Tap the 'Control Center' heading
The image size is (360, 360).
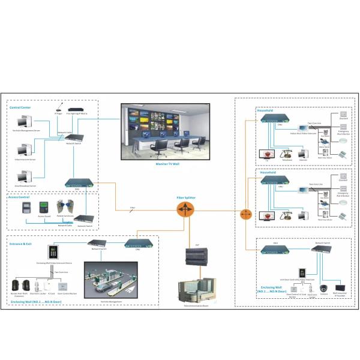[20, 107]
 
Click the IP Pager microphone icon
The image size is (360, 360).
[59, 107]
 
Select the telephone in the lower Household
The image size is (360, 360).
[286, 214]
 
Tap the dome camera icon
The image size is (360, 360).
[324, 287]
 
